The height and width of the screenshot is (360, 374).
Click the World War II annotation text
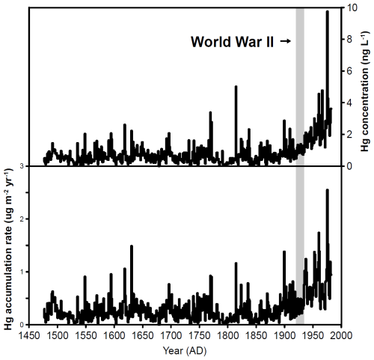232,42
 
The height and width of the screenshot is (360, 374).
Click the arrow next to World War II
286,41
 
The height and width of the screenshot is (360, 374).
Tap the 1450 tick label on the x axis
29,335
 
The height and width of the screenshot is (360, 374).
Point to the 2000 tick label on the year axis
341,335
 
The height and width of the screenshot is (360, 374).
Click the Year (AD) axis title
185,351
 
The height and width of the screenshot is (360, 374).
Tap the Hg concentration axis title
364,91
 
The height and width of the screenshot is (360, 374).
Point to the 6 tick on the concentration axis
348,71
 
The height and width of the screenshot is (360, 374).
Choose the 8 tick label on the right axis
348,40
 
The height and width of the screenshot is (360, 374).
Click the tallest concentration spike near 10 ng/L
328,11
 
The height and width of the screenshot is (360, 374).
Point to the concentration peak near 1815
236,87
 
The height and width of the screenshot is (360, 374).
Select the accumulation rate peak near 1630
132,246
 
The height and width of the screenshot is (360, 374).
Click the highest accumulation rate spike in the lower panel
328,190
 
